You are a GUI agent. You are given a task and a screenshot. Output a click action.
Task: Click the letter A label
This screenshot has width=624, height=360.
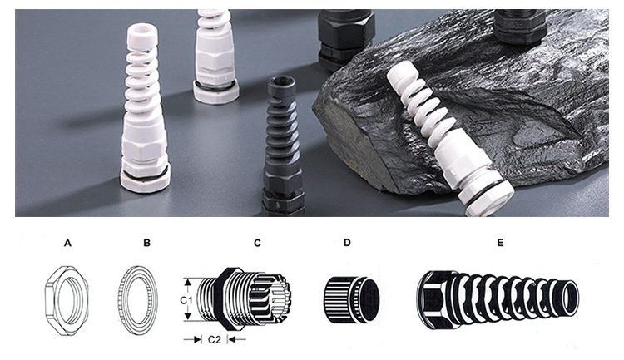coord(67,243)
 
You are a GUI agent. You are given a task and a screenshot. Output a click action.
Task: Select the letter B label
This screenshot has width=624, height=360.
coord(146,243)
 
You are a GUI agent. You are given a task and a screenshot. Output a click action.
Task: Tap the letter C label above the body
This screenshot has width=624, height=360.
coord(257,243)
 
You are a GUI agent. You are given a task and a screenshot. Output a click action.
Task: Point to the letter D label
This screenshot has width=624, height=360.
coord(347,242)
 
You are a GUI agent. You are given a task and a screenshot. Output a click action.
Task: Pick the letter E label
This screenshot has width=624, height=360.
coord(500,242)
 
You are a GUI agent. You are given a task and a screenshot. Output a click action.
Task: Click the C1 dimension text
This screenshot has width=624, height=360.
coord(186,300)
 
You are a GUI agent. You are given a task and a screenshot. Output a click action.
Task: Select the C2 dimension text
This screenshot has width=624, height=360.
coord(214,339)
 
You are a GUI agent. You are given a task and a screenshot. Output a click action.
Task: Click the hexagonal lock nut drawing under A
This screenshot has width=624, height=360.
coord(67,301)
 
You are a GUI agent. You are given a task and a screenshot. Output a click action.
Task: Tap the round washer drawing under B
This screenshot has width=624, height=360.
coord(137,300)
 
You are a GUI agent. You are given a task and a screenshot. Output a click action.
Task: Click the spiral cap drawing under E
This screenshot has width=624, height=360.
coord(498,299)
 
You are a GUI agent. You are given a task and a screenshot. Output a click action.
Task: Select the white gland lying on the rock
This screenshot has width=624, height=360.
coord(450,138)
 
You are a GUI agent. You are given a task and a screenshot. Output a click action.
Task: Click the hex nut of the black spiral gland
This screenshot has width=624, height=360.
coord(283,183)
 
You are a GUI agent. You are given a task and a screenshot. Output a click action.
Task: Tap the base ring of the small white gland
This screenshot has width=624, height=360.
coord(216,92)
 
